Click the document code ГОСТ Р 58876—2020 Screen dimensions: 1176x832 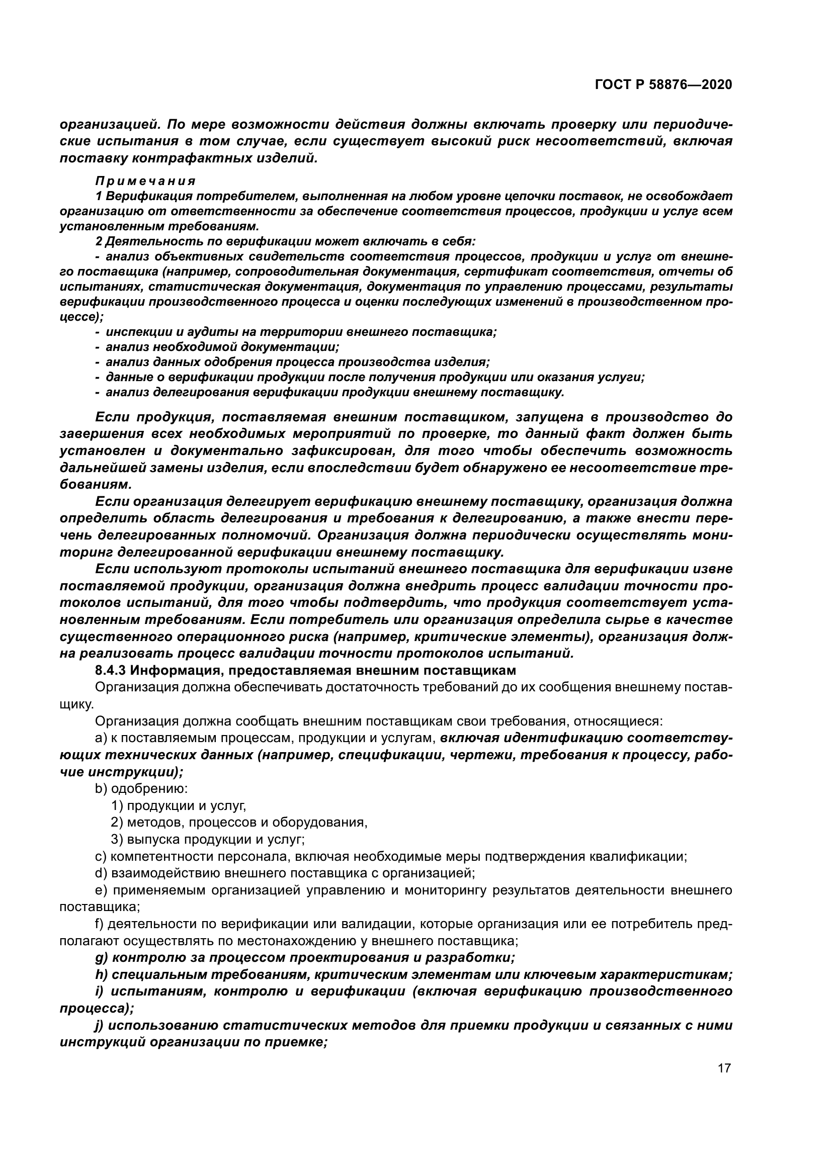click(x=663, y=85)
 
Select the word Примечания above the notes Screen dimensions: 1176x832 click(x=145, y=181)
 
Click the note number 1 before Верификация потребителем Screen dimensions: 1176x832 click(x=99, y=196)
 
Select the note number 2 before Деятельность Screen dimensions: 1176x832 click(x=99, y=241)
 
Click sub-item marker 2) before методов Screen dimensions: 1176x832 click(x=117, y=823)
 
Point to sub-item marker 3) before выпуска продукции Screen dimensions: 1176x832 click(x=117, y=840)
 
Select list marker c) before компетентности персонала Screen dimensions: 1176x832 click(x=101, y=856)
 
